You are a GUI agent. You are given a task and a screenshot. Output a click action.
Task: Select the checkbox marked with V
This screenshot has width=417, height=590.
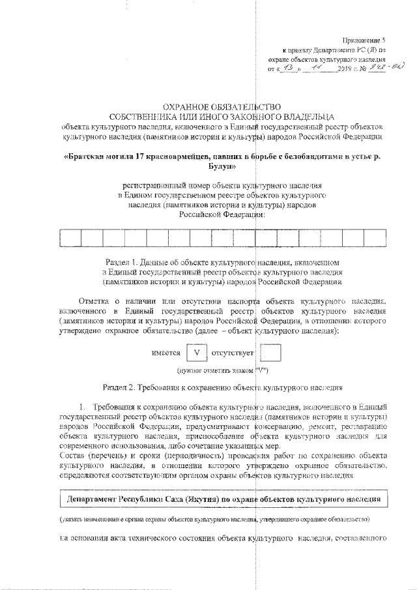coord(196,353)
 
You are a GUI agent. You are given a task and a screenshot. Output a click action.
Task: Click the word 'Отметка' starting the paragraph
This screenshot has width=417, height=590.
coord(94,302)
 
